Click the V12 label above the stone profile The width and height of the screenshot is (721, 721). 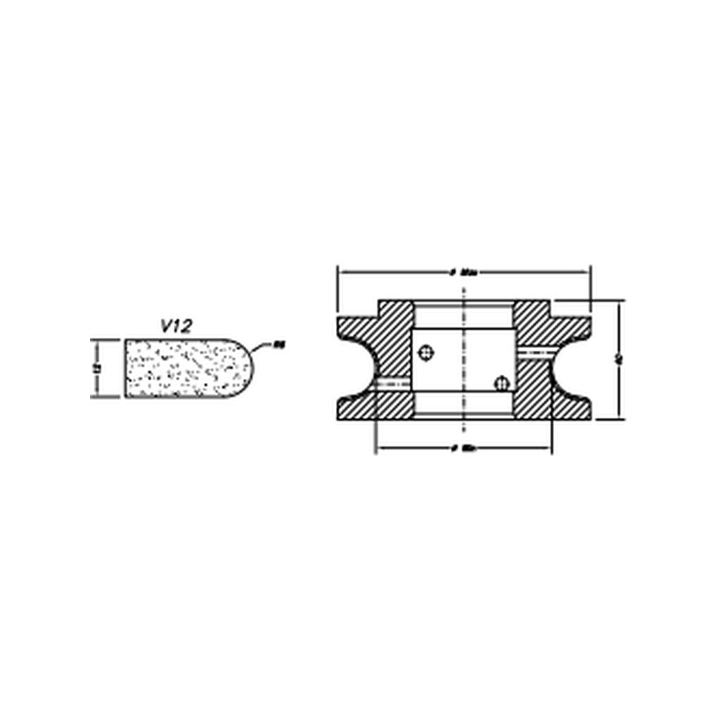[176, 325]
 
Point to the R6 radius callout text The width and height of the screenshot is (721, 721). [279, 344]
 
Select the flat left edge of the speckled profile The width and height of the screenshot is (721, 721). [127, 368]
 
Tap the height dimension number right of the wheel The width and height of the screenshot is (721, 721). [618, 360]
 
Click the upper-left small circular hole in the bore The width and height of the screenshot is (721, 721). [425, 353]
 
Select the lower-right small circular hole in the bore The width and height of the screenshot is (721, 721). [501, 383]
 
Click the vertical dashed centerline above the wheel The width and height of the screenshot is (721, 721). [464, 290]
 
